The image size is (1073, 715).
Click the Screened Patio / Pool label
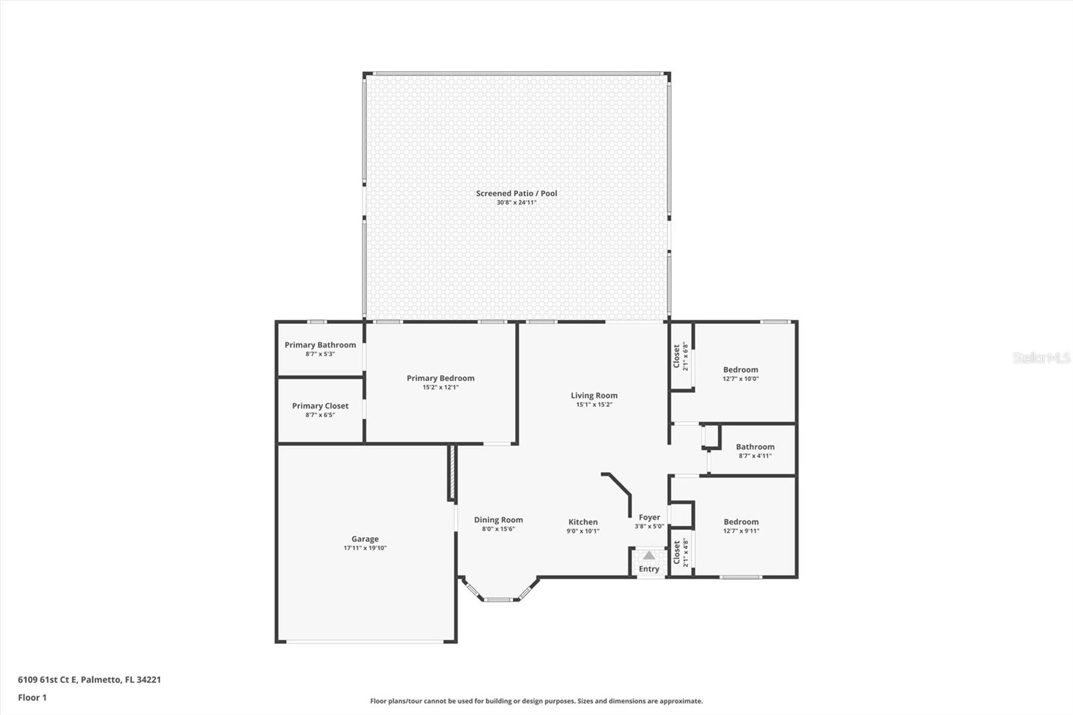516,193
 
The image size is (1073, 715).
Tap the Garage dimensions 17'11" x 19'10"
365,548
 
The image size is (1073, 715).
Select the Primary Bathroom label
320,345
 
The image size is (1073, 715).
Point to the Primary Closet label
320,406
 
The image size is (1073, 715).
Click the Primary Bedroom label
440,378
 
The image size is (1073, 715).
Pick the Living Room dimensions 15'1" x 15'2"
594,404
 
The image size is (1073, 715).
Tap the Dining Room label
498,520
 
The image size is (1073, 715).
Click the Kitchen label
583,522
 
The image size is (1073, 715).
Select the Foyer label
649,517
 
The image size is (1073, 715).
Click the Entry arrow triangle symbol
648,555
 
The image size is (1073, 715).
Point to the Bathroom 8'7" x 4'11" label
755,447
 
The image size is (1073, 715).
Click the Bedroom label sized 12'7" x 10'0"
740,370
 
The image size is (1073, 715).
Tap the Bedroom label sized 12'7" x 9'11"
741,522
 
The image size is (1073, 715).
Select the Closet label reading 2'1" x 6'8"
677,356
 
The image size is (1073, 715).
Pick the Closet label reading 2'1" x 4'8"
677,553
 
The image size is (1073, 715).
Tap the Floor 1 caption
32,698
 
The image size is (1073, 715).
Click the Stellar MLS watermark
1040,358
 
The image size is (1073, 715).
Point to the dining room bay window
498,598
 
